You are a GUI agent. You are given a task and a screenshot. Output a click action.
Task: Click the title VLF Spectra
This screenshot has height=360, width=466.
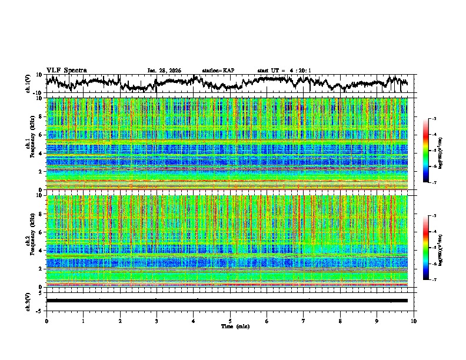click(66, 70)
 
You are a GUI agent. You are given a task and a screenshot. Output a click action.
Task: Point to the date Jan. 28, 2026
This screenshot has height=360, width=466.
click(164, 71)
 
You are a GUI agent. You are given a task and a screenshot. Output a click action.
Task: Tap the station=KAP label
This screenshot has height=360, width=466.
click(218, 71)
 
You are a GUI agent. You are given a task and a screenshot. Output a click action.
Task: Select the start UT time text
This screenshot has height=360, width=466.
click(284, 71)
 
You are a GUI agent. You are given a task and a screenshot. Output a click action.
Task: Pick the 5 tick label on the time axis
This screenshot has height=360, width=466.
click(230, 321)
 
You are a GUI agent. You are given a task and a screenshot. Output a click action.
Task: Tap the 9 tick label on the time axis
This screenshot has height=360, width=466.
click(377, 321)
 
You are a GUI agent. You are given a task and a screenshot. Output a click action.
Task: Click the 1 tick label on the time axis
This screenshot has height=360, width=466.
click(83, 321)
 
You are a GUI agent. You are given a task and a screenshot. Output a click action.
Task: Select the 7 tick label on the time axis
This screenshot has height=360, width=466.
click(304, 321)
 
